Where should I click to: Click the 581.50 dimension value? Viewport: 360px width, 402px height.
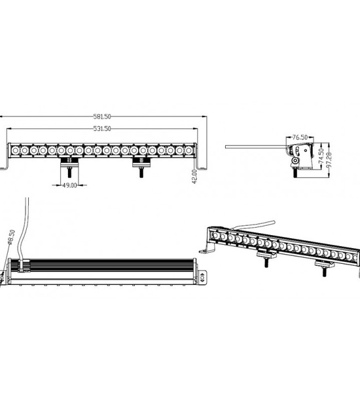point(102,117)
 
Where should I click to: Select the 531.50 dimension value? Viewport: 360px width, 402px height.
point(102,128)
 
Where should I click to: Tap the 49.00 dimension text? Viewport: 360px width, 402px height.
point(69,185)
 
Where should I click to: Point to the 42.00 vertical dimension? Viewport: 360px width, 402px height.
point(194,176)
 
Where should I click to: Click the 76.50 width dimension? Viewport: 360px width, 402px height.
point(300,137)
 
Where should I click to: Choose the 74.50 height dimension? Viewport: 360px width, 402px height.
point(321,156)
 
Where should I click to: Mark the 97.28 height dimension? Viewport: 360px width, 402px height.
point(329,160)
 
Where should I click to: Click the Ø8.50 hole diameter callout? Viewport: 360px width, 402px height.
point(12,237)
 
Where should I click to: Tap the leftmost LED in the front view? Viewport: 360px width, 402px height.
point(15,150)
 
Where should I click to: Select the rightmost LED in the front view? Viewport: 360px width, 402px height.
point(189,150)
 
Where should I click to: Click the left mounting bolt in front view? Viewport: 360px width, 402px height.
point(69,172)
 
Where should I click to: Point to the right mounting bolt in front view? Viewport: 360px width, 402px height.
point(141,172)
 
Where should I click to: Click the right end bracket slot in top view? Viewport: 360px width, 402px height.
point(203,277)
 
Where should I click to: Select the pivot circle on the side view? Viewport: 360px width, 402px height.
point(295,161)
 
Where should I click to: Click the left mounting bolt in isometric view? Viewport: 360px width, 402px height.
point(266,263)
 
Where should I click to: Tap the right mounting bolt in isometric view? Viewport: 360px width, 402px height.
point(325,272)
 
